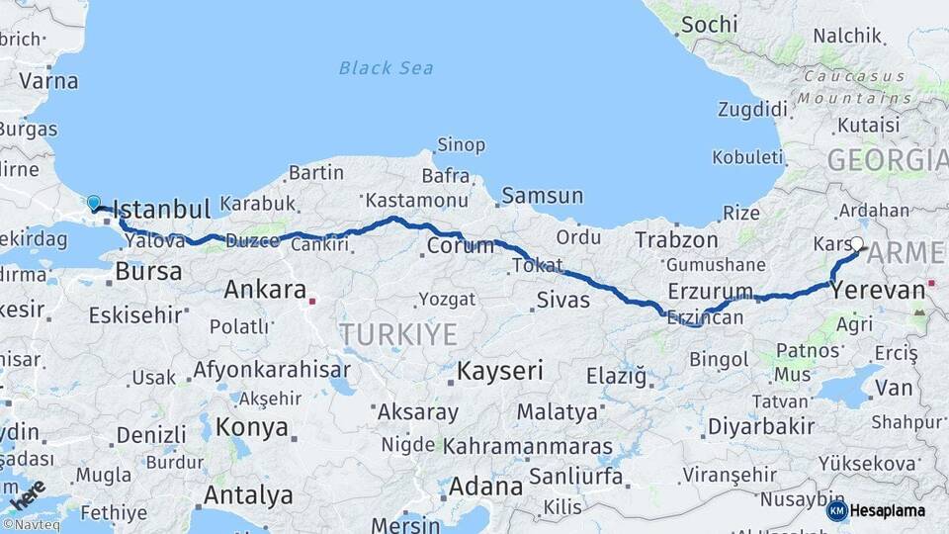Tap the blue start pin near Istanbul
(94, 203)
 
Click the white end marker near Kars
(857, 243)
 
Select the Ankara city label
(265, 290)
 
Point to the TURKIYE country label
(398, 334)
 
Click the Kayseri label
(500, 372)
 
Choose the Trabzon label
(676, 239)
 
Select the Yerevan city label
(878, 291)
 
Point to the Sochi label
(709, 24)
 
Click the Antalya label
(248, 494)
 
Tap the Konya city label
(252, 428)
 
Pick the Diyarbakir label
(766, 426)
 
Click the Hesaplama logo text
(888, 511)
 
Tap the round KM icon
(836, 511)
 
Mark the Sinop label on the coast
(461, 145)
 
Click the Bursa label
(148, 271)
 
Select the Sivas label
(563, 300)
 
